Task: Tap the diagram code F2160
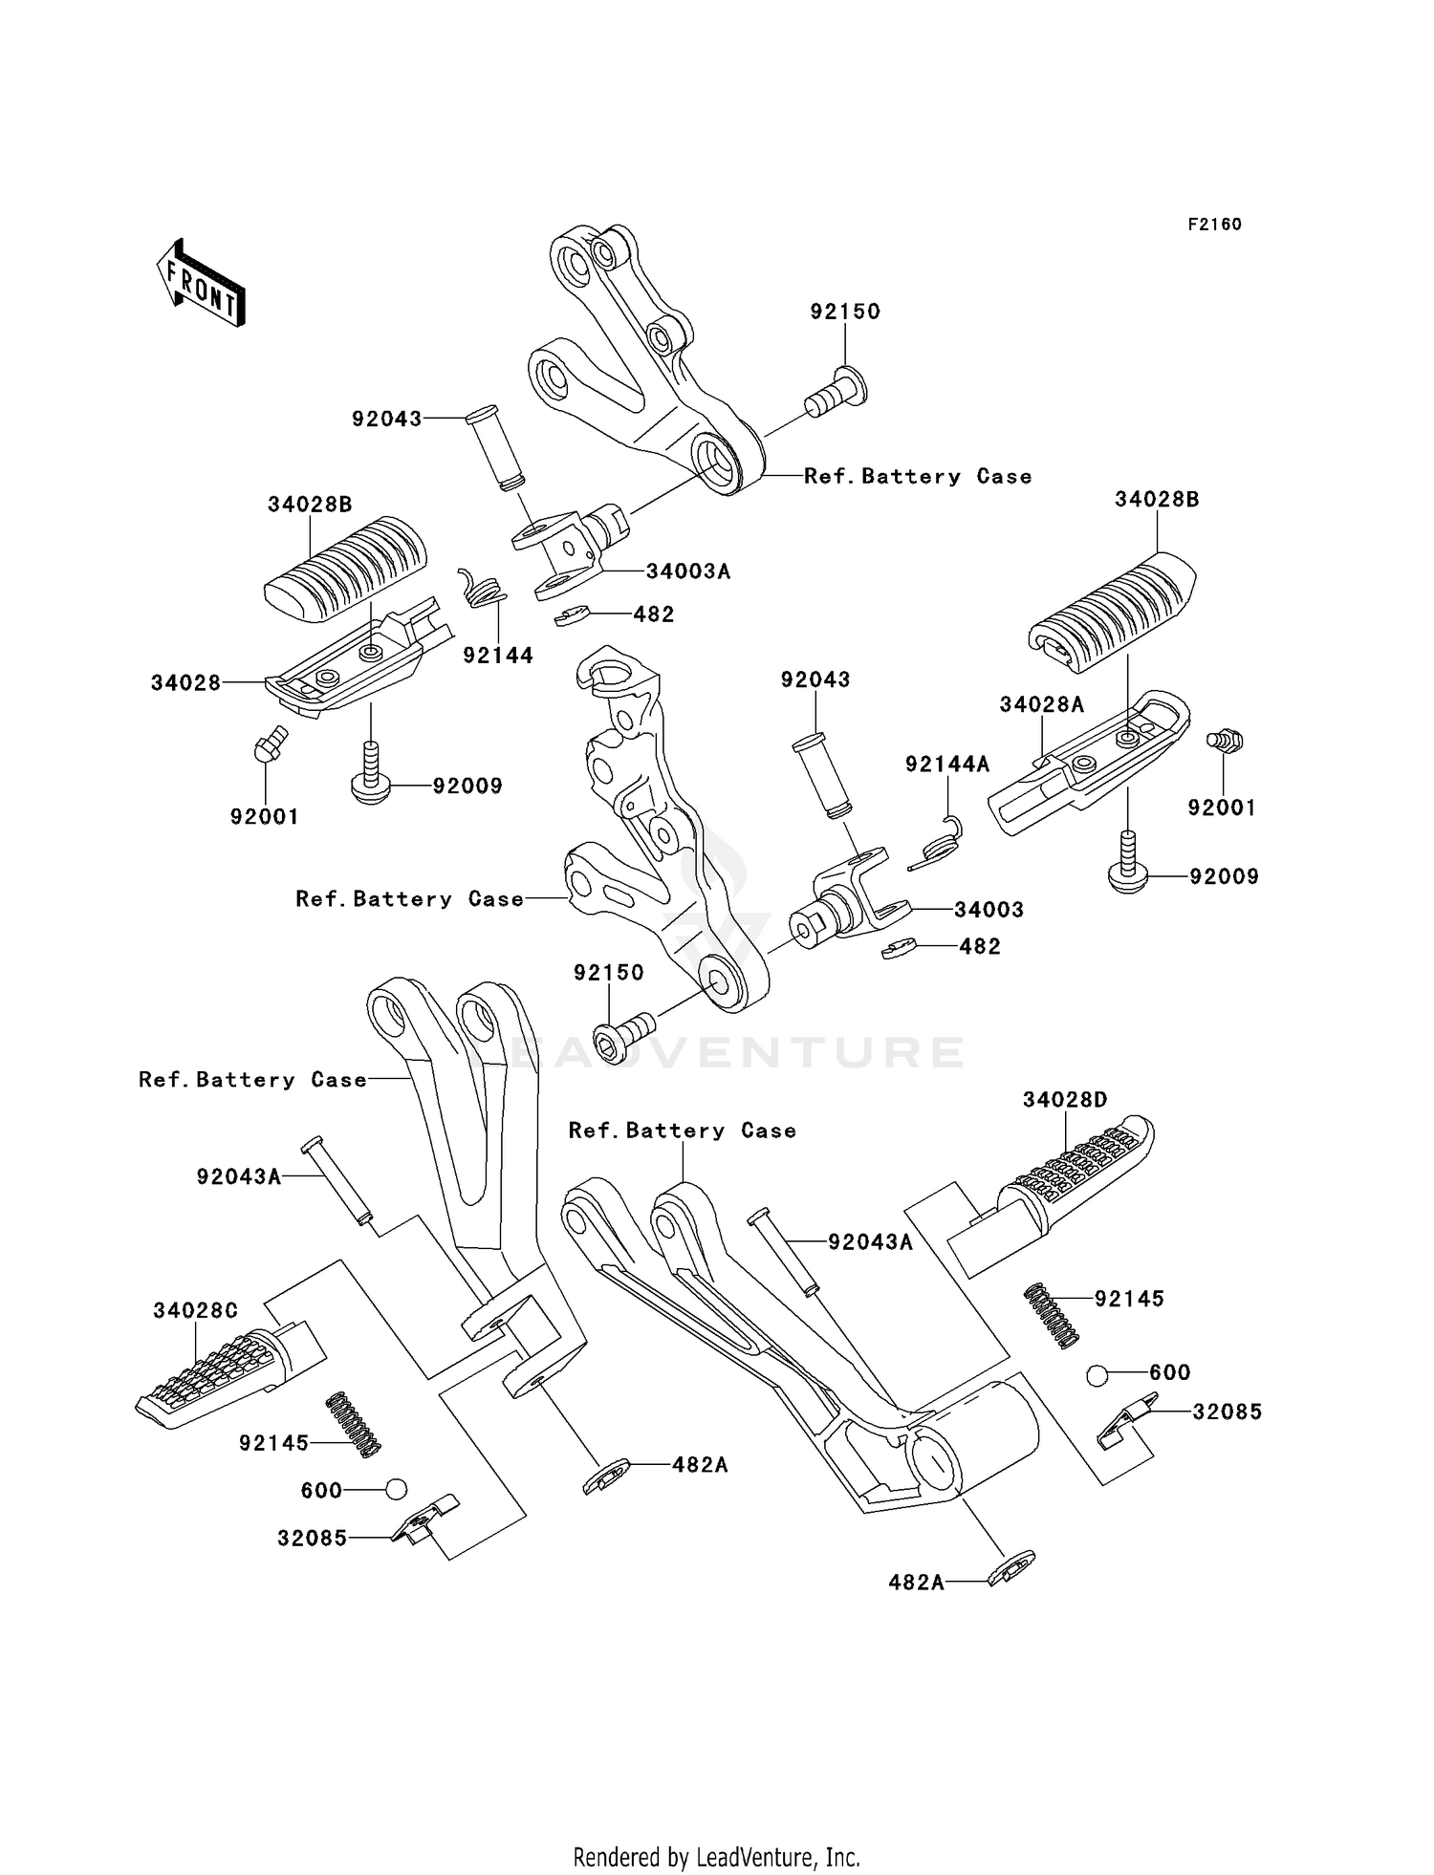click(1214, 225)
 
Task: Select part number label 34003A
click(687, 571)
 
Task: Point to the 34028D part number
click(1064, 1100)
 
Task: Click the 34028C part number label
click(195, 1310)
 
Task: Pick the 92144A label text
click(947, 764)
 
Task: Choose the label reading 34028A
click(1042, 704)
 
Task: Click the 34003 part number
click(989, 910)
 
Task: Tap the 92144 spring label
click(498, 656)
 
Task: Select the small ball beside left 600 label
click(396, 1489)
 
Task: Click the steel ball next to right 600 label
click(1097, 1375)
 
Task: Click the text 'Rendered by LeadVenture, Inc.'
click(716, 1857)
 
